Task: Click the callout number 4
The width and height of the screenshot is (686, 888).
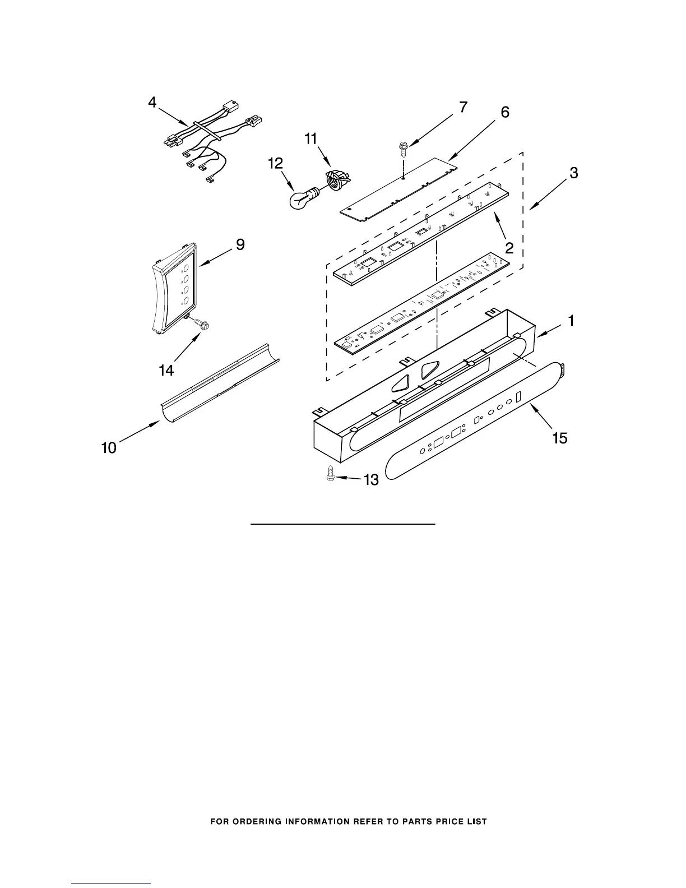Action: point(152,103)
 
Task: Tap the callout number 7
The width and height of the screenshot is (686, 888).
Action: point(462,108)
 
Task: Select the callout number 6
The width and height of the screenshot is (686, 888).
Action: point(505,112)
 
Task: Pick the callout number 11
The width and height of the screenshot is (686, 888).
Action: point(310,138)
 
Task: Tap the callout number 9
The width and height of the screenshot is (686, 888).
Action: point(240,244)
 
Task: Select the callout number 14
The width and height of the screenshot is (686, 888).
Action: point(166,370)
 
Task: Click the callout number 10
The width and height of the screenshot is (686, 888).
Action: point(109,447)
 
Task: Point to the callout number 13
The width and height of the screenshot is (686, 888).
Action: point(371,479)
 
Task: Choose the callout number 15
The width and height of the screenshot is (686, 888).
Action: point(560,438)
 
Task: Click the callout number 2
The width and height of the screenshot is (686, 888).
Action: point(509,247)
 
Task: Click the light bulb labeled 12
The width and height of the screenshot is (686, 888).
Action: point(303,198)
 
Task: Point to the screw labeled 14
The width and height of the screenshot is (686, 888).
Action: point(201,323)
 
